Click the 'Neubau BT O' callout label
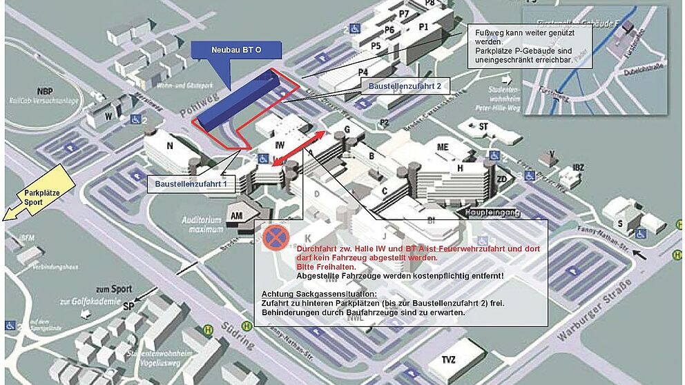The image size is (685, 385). coord(235,50)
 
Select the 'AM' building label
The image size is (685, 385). coord(236,217)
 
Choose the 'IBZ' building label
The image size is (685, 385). coord(578,167)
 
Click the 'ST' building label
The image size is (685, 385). coord(483,126)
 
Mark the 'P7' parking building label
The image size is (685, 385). coord(404,14)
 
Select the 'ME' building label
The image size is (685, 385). coord(442,147)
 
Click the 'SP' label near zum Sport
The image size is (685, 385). coord(128,305)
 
